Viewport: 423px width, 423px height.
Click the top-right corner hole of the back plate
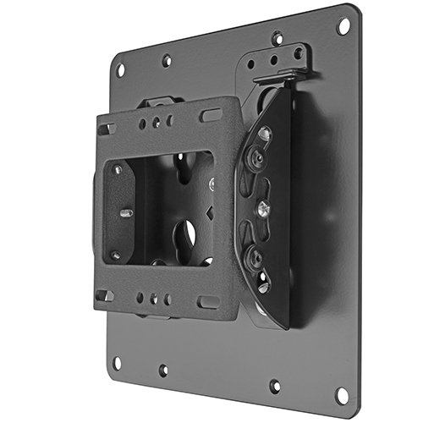[343, 26]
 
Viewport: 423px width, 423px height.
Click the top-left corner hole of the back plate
[120, 69]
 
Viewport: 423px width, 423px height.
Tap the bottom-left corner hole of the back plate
[117, 362]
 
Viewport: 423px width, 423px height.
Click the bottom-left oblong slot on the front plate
[106, 295]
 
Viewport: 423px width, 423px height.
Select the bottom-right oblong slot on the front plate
[208, 301]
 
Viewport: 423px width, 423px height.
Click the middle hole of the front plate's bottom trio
[154, 299]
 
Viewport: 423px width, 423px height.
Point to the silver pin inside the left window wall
[124, 213]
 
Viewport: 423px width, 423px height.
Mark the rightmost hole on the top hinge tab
[298, 52]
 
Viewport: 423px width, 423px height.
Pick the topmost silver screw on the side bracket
[266, 133]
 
